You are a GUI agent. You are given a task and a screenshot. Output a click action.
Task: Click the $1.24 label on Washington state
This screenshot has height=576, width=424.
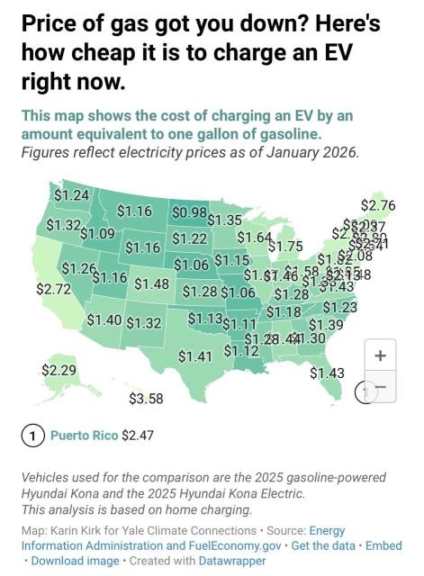coord(72,195)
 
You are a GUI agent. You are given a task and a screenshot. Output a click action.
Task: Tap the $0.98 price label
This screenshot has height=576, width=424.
coord(189,211)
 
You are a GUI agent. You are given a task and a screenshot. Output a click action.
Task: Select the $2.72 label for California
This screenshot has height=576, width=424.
coord(53,290)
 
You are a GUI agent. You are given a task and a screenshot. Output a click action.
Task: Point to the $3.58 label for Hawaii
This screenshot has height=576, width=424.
coord(146,399)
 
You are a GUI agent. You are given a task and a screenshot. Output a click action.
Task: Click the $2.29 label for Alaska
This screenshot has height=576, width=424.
coord(59,370)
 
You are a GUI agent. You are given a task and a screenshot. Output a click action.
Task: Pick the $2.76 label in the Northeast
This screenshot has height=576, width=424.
coord(377,205)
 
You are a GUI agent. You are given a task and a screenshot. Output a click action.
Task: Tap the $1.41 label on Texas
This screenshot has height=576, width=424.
coord(194,356)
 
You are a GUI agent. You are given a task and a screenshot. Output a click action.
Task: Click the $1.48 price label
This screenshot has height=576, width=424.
coord(152,283)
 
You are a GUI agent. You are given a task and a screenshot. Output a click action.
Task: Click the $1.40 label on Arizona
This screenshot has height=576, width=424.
coord(104,320)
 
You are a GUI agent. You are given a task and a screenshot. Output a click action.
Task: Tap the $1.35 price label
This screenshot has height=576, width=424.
coord(225,220)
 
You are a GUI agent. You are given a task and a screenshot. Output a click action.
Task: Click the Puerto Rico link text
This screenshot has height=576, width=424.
coord(84,436)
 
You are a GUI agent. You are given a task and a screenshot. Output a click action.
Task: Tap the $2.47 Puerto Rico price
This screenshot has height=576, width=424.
coord(138,436)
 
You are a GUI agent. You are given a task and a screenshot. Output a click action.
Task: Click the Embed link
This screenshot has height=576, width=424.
coord(384,545)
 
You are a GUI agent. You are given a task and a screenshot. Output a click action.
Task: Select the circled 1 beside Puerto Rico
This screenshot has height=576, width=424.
coord(32,436)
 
